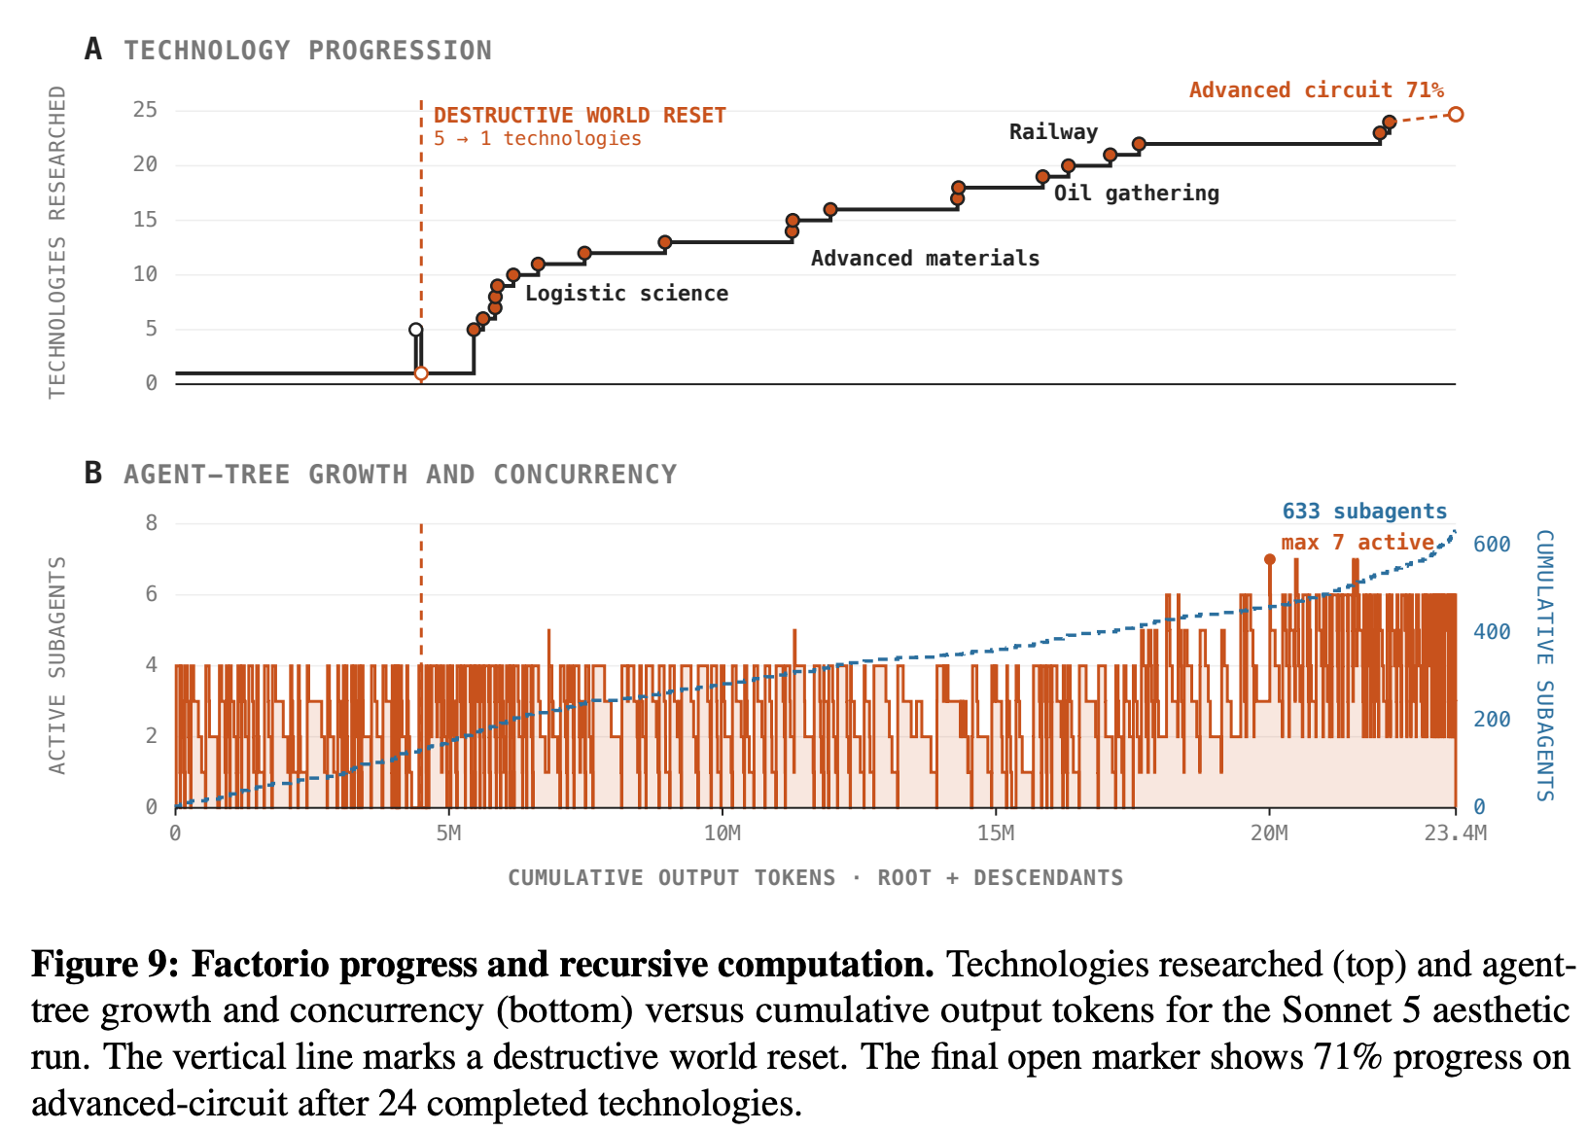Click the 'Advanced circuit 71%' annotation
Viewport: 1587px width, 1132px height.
pyautogui.click(x=1316, y=90)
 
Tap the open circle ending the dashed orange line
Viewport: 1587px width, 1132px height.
pyautogui.click(x=1455, y=114)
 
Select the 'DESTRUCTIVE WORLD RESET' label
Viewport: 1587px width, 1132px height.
pyautogui.click(x=580, y=115)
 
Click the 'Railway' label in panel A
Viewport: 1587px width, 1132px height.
pyautogui.click(x=1053, y=131)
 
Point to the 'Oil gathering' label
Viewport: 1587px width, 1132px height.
pyautogui.click(x=1137, y=193)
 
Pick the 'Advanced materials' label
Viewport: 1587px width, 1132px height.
pyautogui.click(x=925, y=258)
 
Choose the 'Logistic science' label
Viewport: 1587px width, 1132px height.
pyautogui.click(x=626, y=294)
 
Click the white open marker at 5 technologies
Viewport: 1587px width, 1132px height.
pyautogui.click(x=416, y=330)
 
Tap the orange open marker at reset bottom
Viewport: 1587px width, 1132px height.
pyautogui.click(x=421, y=373)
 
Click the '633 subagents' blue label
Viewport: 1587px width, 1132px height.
pyautogui.click(x=1363, y=511)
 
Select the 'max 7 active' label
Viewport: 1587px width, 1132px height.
pyautogui.click(x=1358, y=542)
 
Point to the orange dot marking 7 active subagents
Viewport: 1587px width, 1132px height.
pyautogui.click(x=1270, y=559)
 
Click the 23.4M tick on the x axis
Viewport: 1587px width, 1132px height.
pyautogui.click(x=1455, y=833)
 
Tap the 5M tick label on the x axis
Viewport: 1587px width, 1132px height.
pyautogui.click(x=448, y=833)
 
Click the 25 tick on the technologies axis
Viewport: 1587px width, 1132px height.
pyautogui.click(x=145, y=110)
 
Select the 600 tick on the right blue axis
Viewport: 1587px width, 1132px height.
pyautogui.click(x=1492, y=544)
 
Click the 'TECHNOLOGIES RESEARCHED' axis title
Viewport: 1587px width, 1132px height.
pyautogui.click(x=57, y=242)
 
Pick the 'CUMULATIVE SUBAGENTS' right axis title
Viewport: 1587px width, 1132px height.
pyautogui.click(x=1544, y=665)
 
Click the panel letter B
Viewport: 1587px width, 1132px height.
pyautogui.click(x=92, y=474)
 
